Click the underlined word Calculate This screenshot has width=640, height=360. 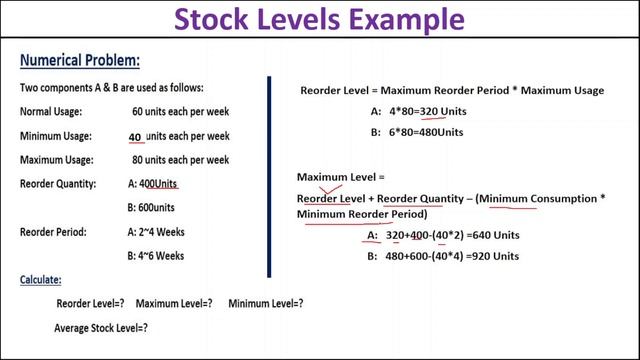[41, 280]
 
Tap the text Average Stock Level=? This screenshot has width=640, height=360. [101, 327]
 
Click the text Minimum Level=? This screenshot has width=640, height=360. [266, 303]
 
